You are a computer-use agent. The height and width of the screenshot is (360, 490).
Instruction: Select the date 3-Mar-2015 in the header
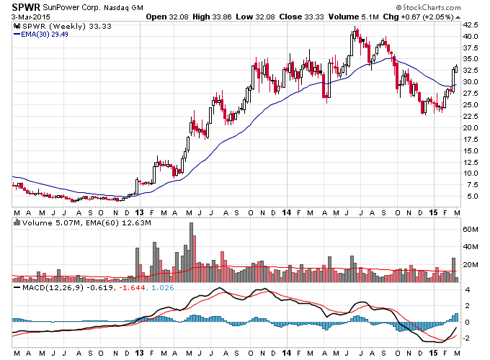pyautogui.click(x=30, y=17)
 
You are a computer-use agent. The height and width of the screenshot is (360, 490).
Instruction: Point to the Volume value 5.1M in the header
pyautogui.click(x=371, y=17)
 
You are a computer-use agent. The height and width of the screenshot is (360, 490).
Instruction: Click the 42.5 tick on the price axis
pyautogui.click(x=471, y=24)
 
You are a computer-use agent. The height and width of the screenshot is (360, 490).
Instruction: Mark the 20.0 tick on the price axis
pyautogui.click(x=471, y=127)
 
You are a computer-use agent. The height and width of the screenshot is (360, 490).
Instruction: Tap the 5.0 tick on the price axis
pyautogui.click(x=472, y=197)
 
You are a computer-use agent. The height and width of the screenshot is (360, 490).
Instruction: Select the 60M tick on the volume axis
pyautogui.click(x=471, y=230)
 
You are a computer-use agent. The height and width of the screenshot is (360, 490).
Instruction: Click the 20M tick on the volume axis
pyautogui.click(x=471, y=265)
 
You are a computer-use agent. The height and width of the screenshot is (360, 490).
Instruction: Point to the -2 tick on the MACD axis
pyautogui.click(x=467, y=338)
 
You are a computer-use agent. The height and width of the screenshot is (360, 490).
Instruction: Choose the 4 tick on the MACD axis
pyautogui.click(x=468, y=290)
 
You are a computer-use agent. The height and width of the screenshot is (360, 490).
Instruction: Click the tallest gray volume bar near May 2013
pyautogui.click(x=191, y=252)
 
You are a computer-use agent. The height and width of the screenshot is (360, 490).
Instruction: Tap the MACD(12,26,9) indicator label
pyautogui.click(x=53, y=287)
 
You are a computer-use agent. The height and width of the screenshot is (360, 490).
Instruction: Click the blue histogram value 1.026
pyautogui.click(x=163, y=287)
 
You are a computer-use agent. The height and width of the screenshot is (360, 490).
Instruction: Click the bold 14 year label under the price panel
pyautogui.click(x=287, y=212)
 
